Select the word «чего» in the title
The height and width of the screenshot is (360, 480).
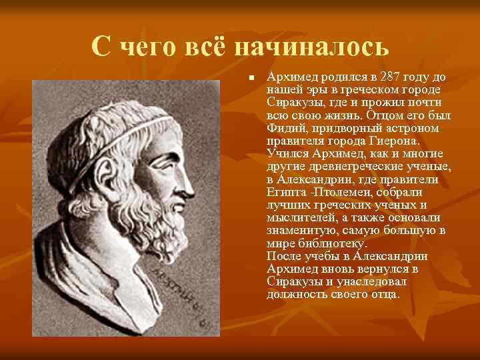click(x=152, y=46)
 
